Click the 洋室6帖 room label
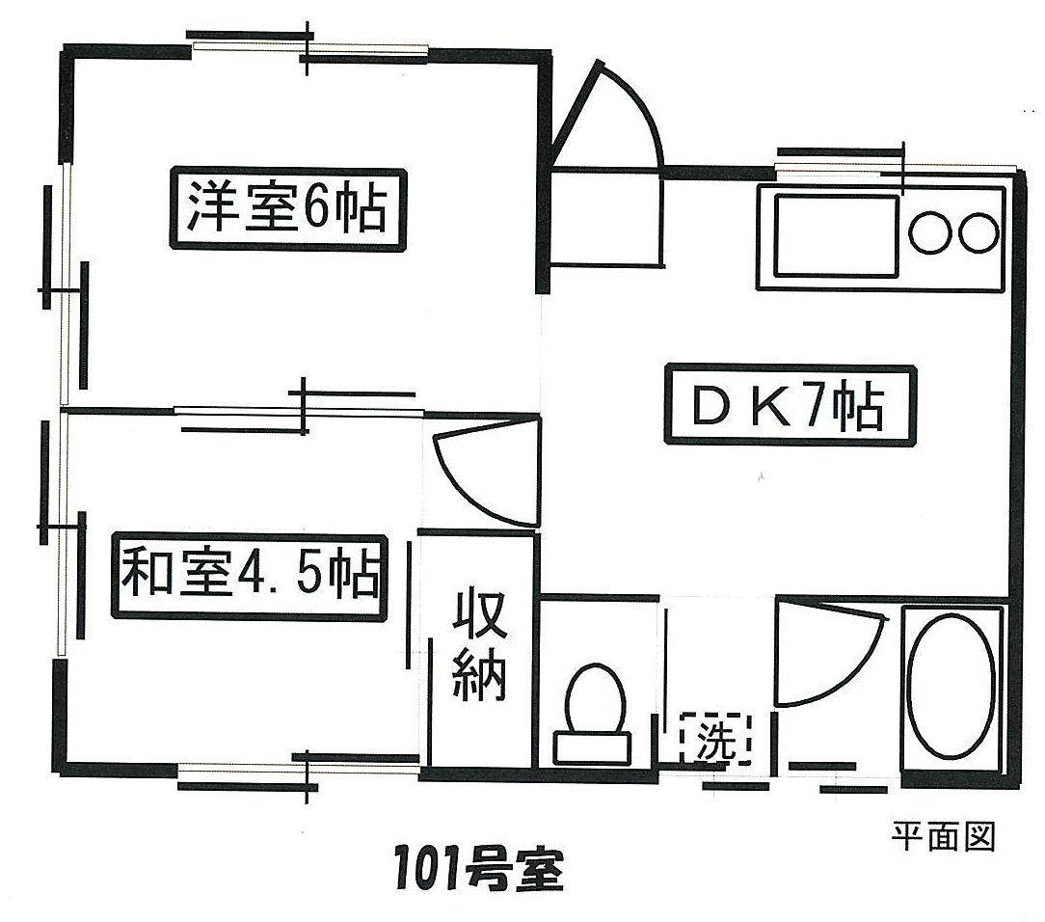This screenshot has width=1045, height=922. pos(288,209)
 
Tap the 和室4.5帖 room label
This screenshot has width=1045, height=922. pos(250,577)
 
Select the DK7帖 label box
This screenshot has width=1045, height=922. pos(790,405)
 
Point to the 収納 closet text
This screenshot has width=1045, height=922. pos(479,645)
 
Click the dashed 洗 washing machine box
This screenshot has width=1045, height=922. pos(715,739)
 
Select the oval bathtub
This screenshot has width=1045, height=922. pos(951,686)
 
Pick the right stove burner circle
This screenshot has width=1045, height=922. pos(978,232)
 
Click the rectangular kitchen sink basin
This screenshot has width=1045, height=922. pos(836,235)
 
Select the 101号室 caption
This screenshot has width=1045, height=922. pos(479,869)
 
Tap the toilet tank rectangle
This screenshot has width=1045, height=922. pos(592,747)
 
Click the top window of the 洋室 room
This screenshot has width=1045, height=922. pos(308,48)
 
